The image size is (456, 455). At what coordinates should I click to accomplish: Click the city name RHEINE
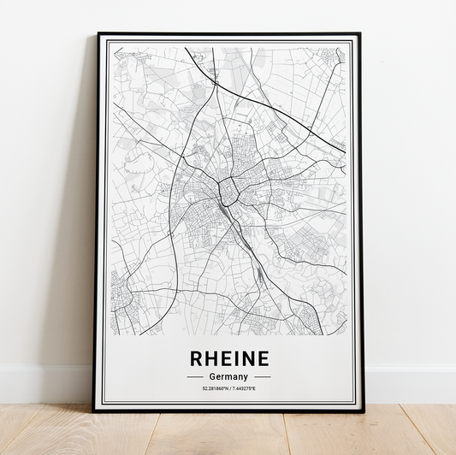(x=228, y=357)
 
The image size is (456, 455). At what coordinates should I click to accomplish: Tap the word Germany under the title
(x=228, y=376)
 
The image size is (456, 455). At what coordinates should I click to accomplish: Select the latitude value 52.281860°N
(x=214, y=389)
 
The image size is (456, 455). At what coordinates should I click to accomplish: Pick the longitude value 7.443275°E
(x=242, y=389)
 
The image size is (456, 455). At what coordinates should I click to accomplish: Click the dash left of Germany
(x=194, y=376)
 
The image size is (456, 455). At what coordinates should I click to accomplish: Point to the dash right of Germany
(x=262, y=376)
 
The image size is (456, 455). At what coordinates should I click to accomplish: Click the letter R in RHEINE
(x=193, y=357)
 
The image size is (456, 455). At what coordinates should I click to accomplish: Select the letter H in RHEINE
(x=208, y=357)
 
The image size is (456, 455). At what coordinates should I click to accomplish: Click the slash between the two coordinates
(x=228, y=389)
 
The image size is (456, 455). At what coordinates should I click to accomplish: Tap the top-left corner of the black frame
(x=98, y=34)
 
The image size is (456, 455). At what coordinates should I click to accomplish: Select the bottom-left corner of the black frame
(x=95, y=411)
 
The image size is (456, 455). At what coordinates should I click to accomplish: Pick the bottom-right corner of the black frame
(x=363, y=411)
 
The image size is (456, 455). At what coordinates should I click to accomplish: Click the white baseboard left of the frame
(x=43, y=385)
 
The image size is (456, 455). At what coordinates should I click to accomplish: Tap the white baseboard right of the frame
(x=411, y=385)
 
